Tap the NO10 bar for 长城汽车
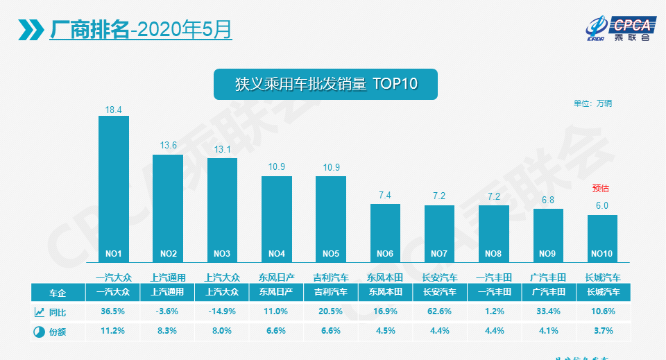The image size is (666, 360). pyautogui.click(x=602, y=238)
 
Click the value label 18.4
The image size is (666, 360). pyautogui.click(x=114, y=110)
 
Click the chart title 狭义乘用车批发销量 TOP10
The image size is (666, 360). pyautogui.click(x=325, y=84)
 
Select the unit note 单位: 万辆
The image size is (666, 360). pyautogui.click(x=592, y=104)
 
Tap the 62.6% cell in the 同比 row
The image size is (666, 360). pyautogui.click(x=440, y=312)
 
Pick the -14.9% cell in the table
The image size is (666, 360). pyautogui.click(x=222, y=312)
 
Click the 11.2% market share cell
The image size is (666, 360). pyautogui.click(x=113, y=332)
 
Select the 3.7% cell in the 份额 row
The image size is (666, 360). pyautogui.click(x=603, y=332)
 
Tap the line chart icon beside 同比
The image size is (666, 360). pyautogui.click(x=39, y=312)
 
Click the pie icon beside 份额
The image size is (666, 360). pyautogui.click(x=39, y=332)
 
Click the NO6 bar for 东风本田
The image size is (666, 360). pyautogui.click(x=385, y=233)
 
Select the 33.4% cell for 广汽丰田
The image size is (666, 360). pyautogui.click(x=548, y=312)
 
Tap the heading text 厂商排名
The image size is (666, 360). pyautogui.click(x=89, y=29)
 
